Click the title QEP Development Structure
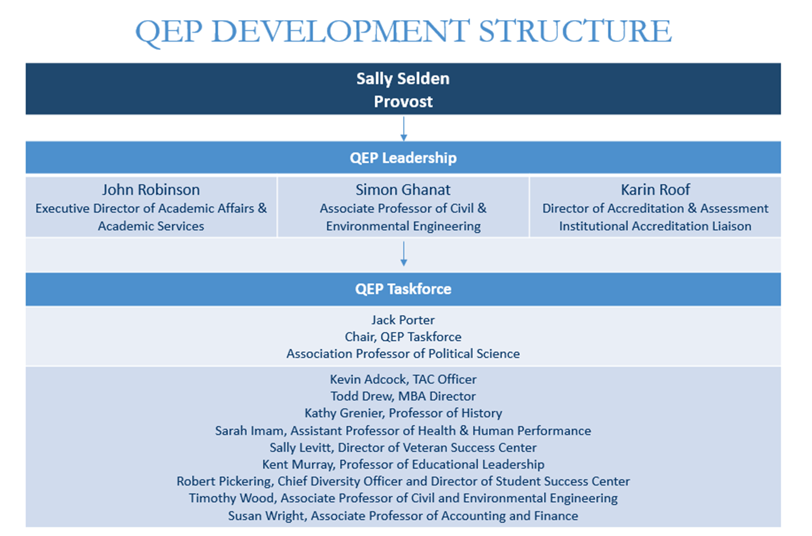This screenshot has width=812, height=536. pyautogui.click(x=403, y=31)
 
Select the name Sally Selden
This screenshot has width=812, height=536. pyautogui.click(x=403, y=79)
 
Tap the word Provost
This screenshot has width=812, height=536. pyautogui.click(x=403, y=102)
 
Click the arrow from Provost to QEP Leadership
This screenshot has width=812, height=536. pyautogui.click(x=404, y=129)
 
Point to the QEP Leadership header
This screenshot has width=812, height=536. pyautogui.click(x=403, y=158)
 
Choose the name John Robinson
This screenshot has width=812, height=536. pyautogui.click(x=151, y=190)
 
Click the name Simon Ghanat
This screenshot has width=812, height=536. pyautogui.click(x=403, y=190)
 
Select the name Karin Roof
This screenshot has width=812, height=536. pyautogui.click(x=655, y=190)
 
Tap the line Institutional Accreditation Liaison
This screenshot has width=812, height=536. pyautogui.click(x=655, y=226)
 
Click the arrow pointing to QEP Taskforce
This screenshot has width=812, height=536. pyautogui.click(x=404, y=254)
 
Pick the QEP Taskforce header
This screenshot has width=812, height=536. pyautogui.click(x=403, y=289)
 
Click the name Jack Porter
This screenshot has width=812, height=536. pyautogui.click(x=403, y=320)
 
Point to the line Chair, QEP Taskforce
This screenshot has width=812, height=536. pyautogui.click(x=403, y=337)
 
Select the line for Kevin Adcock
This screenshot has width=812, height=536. pyautogui.click(x=403, y=379)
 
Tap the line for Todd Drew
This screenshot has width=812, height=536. pyautogui.click(x=403, y=396)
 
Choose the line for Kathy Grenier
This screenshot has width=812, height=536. pyautogui.click(x=403, y=413)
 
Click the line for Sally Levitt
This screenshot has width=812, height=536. pyautogui.click(x=403, y=448)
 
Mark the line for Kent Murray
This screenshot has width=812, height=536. pyautogui.click(x=403, y=464)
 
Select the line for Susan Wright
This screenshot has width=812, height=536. pyautogui.click(x=403, y=516)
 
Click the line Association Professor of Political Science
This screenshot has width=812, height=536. pyautogui.click(x=403, y=354)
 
